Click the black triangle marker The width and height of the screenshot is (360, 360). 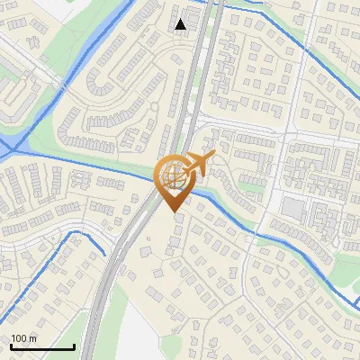click(x=181, y=23)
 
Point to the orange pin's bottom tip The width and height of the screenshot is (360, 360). click(x=172, y=211)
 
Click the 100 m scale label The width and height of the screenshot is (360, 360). click(x=23, y=339)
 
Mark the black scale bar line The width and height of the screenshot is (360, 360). click(x=42, y=347)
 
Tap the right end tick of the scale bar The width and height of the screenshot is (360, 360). click(x=74, y=346)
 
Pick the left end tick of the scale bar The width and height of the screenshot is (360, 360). click(x=11, y=346)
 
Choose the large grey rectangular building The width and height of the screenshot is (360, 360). click(x=292, y=208)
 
